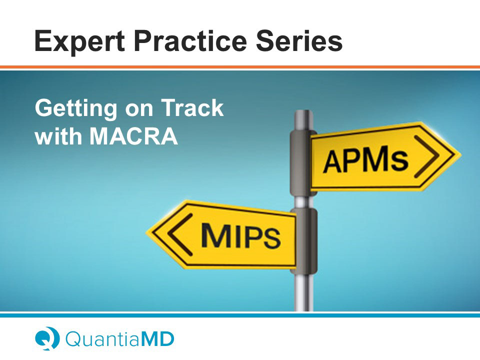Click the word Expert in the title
coord(79,41)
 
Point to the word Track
coord(192,107)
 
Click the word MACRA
coord(134,135)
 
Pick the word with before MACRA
coord(58,135)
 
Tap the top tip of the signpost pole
coord(303,111)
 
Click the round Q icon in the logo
coord(47,338)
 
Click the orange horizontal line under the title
coord(240,67)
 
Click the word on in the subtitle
coord(139,109)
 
